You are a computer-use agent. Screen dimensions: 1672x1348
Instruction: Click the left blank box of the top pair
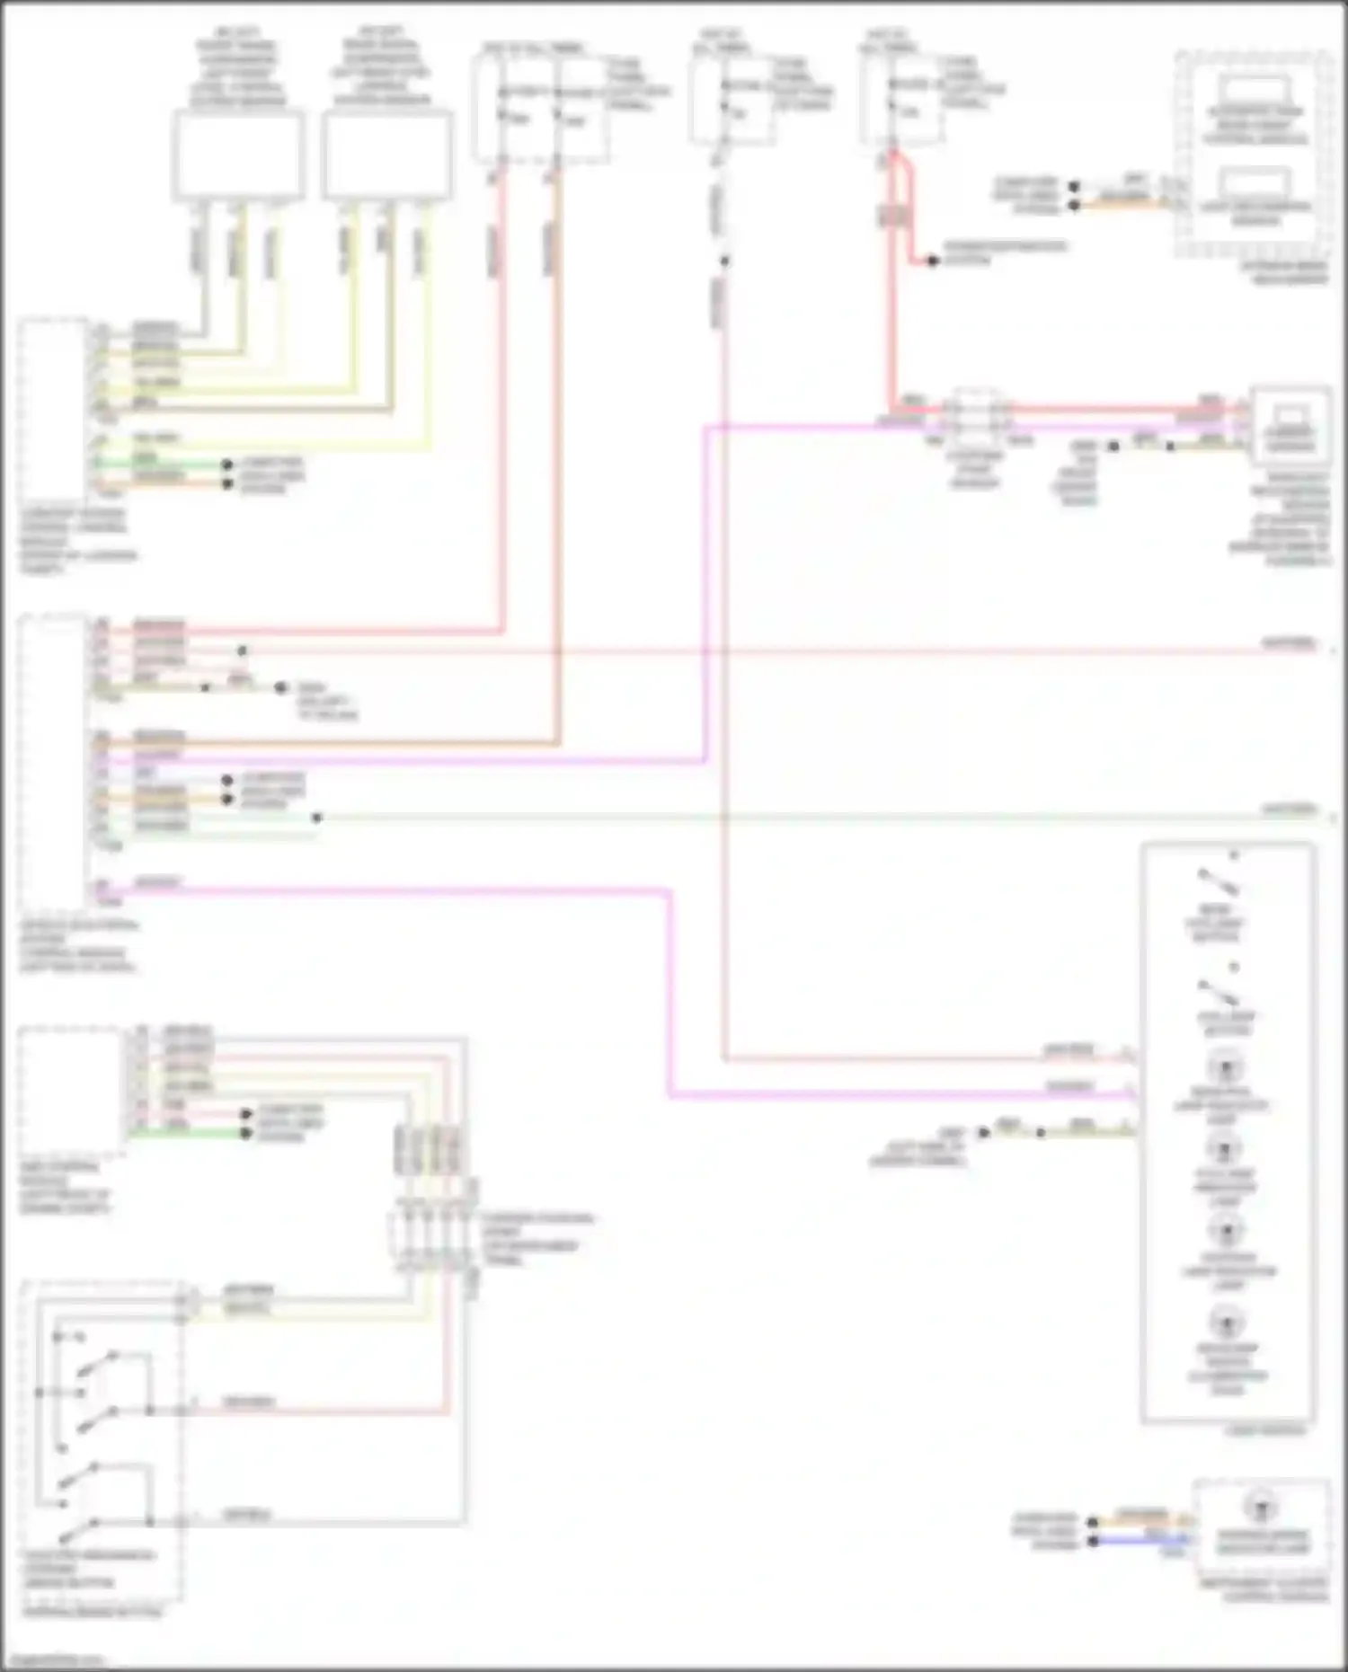click(238, 155)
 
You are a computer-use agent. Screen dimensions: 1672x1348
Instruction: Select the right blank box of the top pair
click(387, 155)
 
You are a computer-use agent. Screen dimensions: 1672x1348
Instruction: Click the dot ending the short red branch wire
click(933, 261)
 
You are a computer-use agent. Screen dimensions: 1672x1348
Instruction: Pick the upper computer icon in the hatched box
click(1255, 93)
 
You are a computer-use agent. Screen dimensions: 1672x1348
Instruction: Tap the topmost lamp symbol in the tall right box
click(1224, 1069)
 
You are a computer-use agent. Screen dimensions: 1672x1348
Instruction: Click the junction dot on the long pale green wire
click(316, 818)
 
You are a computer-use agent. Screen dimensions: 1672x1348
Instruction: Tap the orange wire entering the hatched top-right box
click(1123, 206)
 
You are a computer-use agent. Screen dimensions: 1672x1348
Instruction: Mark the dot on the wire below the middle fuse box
click(724, 261)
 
